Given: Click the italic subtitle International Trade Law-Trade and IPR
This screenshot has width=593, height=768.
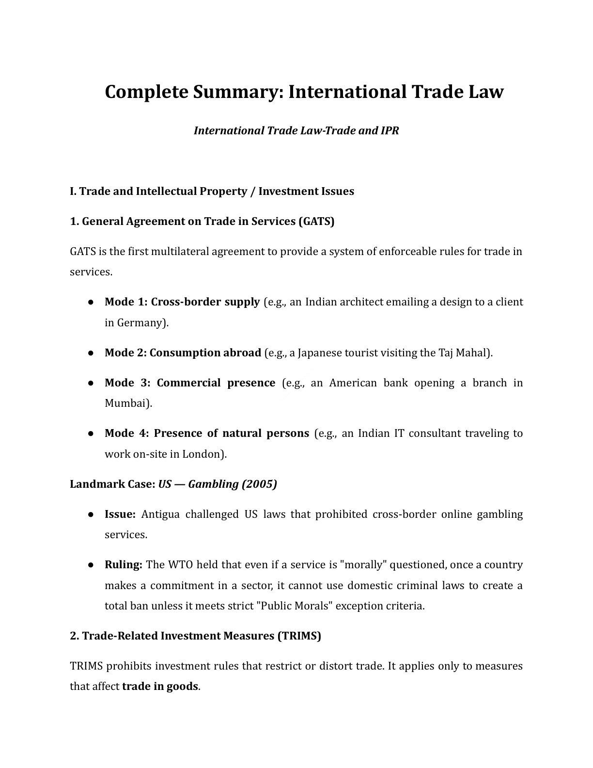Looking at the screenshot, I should [296, 131].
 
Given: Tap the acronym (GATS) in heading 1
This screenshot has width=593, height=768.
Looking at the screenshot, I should [316, 222].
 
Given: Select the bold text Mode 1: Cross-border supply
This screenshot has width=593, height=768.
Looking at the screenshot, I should [182, 302].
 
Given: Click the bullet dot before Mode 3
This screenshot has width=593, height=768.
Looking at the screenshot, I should [91, 383].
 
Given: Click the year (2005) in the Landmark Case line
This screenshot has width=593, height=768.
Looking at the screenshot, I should [259, 484].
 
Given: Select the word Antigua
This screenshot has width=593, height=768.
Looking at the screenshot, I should [160, 514].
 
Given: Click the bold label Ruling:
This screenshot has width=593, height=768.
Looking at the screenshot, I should [123, 565].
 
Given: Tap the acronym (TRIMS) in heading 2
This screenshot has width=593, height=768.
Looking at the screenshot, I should [299, 636].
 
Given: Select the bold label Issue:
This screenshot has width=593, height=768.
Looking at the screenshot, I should [120, 514].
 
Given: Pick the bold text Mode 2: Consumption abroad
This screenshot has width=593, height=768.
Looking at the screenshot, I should [183, 353].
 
